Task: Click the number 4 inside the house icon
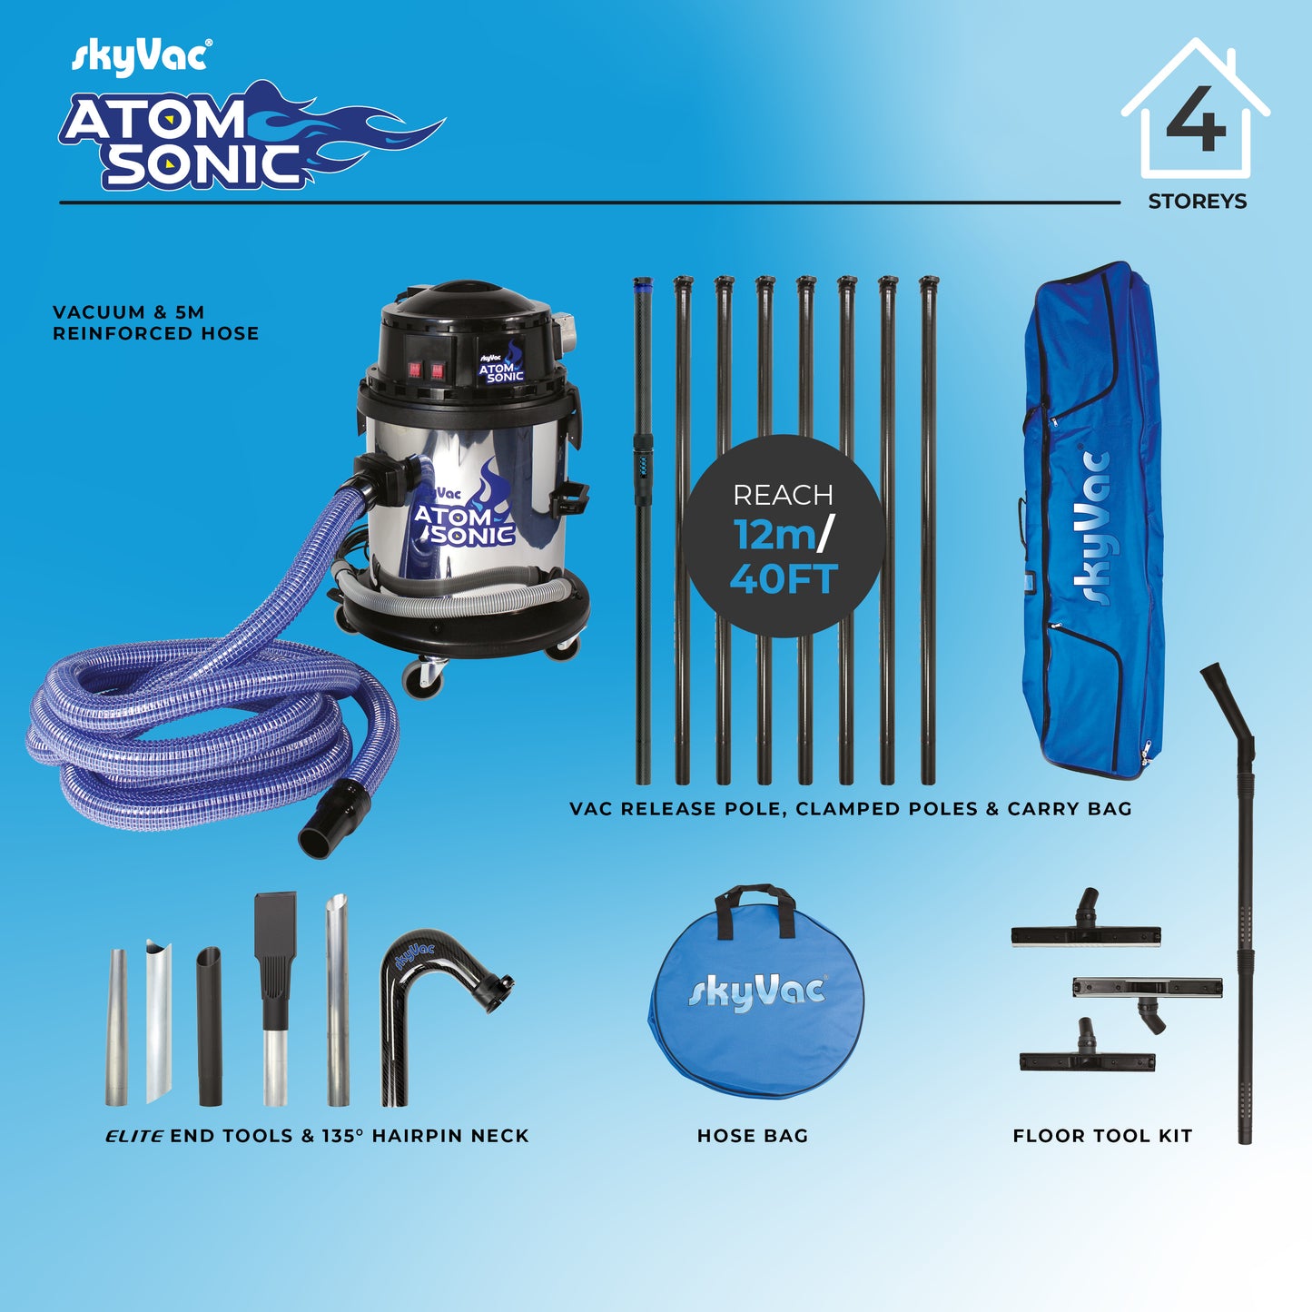(1196, 120)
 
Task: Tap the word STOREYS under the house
(1197, 202)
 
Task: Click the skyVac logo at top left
(141, 56)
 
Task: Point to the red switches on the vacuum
(425, 370)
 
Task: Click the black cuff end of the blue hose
(331, 816)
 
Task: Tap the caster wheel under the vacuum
(423, 677)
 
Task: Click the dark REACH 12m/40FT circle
(783, 536)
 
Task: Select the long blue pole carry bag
(1092, 522)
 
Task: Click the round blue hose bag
(755, 1008)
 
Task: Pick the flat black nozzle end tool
(274, 944)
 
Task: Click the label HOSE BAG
(752, 1136)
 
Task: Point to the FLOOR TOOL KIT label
(1102, 1136)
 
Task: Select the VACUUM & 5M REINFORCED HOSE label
(155, 323)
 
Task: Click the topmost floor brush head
(1086, 932)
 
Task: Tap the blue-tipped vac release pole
(643, 527)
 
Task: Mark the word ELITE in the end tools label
(134, 1136)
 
